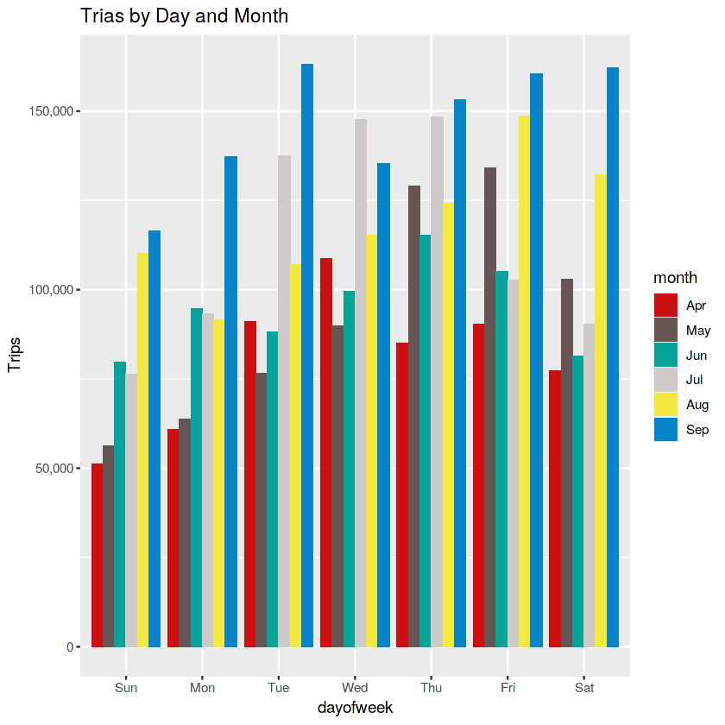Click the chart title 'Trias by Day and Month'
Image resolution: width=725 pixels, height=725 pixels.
(x=184, y=16)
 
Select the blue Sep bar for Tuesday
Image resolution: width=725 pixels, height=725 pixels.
(x=306, y=355)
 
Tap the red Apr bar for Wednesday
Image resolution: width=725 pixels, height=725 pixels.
(x=326, y=452)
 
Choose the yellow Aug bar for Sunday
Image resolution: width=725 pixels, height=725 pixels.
(x=142, y=450)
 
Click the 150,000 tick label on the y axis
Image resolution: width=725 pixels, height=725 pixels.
(x=54, y=111)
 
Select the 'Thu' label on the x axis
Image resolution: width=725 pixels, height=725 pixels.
(x=431, y=688)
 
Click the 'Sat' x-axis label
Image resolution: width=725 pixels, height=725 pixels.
(x=583, y=688)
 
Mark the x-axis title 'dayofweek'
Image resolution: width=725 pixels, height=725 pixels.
(x=355, y=708)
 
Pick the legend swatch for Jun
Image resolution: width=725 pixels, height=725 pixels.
(x=665, y=356)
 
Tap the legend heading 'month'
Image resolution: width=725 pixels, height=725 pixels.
(x=675, y=277)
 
